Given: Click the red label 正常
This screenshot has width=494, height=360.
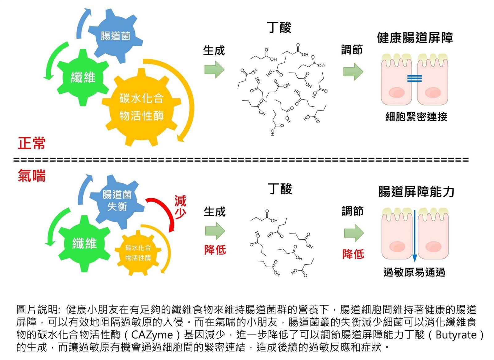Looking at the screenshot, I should tap(31, 143).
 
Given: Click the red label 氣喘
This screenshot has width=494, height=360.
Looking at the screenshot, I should tap(31, 176).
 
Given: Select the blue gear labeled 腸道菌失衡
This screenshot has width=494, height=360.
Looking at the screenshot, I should tap(117, 201).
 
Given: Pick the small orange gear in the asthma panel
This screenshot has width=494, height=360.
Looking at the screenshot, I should tap(138, 252).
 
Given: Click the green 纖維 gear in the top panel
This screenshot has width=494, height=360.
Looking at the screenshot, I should tap(83, 77).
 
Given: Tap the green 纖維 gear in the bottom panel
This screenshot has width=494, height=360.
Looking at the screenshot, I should tap(84, 243).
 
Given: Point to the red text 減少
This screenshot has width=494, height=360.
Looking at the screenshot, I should tap(180, 207).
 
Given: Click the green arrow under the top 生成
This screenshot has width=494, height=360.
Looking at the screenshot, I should tap(214, 69).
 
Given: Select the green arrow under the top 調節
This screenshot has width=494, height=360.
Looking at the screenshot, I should tap(353, 71).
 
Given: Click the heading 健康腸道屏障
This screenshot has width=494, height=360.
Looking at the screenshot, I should tap(415, 38).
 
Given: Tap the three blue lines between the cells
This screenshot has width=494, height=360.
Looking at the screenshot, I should tap(414, 79).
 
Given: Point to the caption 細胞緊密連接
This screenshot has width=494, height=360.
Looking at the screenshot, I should tap(416, 117).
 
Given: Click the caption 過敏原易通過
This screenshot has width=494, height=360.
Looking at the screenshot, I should tap(414, 272).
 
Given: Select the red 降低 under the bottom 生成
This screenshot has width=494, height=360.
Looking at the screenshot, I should tap(215, 250).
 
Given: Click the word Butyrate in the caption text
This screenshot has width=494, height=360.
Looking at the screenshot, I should tap(456, 335).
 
